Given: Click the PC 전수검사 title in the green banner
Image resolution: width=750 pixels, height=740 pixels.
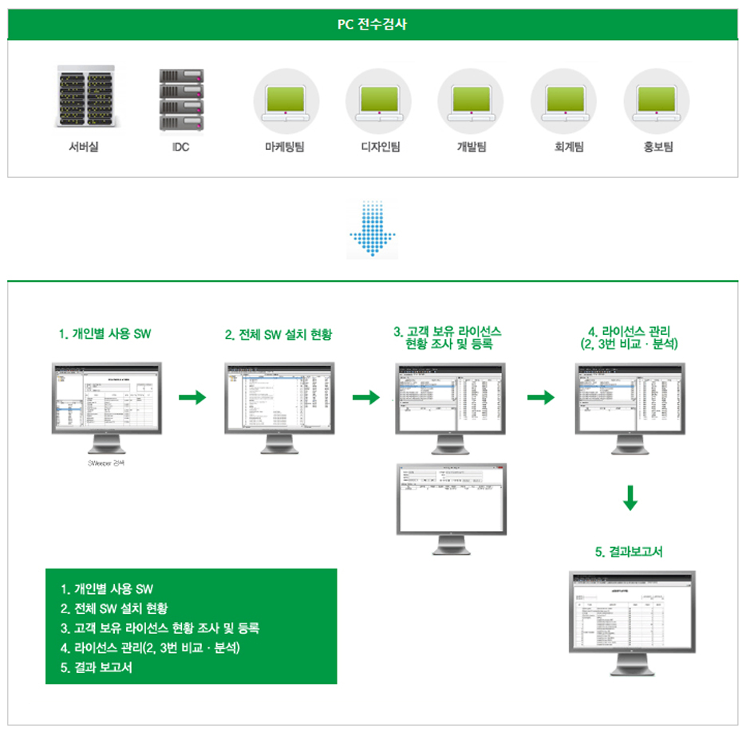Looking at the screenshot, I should [x=373, y=24].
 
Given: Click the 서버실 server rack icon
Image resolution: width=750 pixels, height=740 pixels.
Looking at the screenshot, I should [x=84, y=97].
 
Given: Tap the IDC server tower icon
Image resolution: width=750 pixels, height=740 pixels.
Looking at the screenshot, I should [x=180, y=100].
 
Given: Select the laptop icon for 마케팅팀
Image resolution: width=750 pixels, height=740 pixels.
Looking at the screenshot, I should [x=286, y=102].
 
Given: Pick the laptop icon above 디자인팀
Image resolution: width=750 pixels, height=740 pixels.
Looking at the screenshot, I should [x=378, y=102].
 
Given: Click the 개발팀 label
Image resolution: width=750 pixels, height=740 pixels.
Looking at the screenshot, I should [x=471, y=147].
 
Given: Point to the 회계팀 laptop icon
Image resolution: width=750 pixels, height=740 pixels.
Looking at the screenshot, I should [x=563, y=102].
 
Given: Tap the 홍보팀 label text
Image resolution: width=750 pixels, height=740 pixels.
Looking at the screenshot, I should [x=657, y=147].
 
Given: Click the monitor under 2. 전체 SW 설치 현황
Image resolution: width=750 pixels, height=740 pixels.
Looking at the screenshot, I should [x=279, y=402].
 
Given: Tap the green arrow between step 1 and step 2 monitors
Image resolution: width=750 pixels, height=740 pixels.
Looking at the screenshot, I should [x=191, y=397].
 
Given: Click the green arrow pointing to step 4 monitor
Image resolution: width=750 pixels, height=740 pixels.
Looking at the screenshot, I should [x=541, y=397].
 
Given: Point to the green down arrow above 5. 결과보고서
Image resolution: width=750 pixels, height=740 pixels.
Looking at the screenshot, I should [x=630, y=498].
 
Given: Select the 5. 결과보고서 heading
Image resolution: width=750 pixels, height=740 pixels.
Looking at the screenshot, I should [x=630, y=552].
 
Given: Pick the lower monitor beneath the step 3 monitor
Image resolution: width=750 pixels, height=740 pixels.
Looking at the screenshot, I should [x=452, y=501].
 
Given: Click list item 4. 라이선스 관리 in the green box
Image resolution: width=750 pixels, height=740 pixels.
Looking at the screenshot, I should [x=151, y=647].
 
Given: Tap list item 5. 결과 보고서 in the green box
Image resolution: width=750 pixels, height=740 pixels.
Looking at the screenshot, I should [x=97, y=667].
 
